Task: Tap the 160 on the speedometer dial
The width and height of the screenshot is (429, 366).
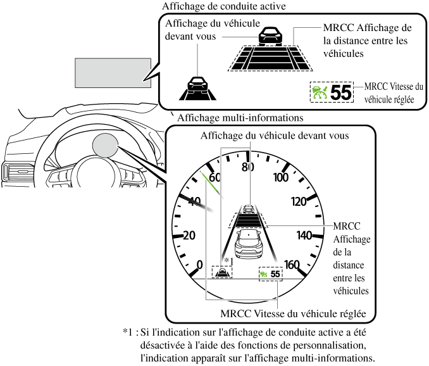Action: pyautogui.click(x=291, y=265)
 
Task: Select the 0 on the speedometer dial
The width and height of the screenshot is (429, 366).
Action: pyautogui.click(x=201, y=264)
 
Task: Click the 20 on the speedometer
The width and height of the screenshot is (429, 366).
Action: pyautogui.click(x=188, y=236)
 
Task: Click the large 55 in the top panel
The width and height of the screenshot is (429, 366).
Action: pyautogui.click(x=341, y=92)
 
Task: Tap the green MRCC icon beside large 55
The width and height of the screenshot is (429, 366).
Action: pyautogui.click(x=320, y=92)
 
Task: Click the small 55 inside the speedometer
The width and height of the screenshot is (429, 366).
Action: pyautogui.click(x=275, y=274)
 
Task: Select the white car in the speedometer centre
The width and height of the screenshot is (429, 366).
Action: pyautogui.click(x=249, y=241)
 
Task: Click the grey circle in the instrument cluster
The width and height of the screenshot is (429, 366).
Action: pyautogui.click(x=105, y=146)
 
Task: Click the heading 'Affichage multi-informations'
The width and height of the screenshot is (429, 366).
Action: pyautogui.click(x=240, y=118)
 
